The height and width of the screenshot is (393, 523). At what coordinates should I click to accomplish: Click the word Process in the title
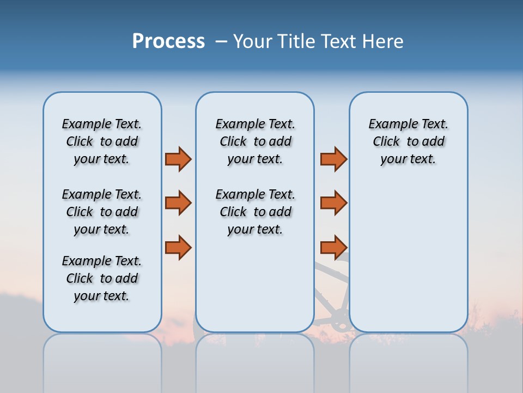pyautogui.click(x=168, y=41)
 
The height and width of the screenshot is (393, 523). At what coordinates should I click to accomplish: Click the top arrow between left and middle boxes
pyautogui.click(x=178, y=159)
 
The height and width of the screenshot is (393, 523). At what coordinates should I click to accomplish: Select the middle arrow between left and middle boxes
pyautogui.click(x=178, y=203)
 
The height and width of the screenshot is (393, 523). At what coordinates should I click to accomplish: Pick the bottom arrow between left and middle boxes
pyautogui.click(x=178, y=247)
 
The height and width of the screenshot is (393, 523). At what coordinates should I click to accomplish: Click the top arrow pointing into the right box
pyautogui.click(x=333, y=159)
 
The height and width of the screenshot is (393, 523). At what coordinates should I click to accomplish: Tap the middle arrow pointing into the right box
pyautogui.click(x=333, y=203)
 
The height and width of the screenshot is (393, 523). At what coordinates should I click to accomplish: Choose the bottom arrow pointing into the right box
pyautogui.click(x=333, y=247)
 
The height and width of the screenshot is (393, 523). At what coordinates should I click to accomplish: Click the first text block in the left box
pyautogui.click(x=102, y=141)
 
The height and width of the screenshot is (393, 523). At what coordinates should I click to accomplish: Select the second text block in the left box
pyautogui.click(x=102, y=212)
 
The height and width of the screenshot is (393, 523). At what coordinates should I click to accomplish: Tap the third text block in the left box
pyautogui.click(x=102, y=278)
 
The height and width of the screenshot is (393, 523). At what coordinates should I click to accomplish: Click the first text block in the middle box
pyautogui.click(x=255, y=141)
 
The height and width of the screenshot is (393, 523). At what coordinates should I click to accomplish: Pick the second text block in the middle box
pyautogui.click(x=255, y=212)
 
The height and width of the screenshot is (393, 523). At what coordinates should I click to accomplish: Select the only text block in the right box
pyautogui.click(x=408, y=141)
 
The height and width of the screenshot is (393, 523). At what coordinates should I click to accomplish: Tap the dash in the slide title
pyautogui.click(x=221, y=41)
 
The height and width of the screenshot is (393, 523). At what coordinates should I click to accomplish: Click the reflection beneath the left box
pyautogui.click(x=102, y=360)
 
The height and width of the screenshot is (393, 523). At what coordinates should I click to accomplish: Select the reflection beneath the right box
pyautogui.click(x=408, y=360)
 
